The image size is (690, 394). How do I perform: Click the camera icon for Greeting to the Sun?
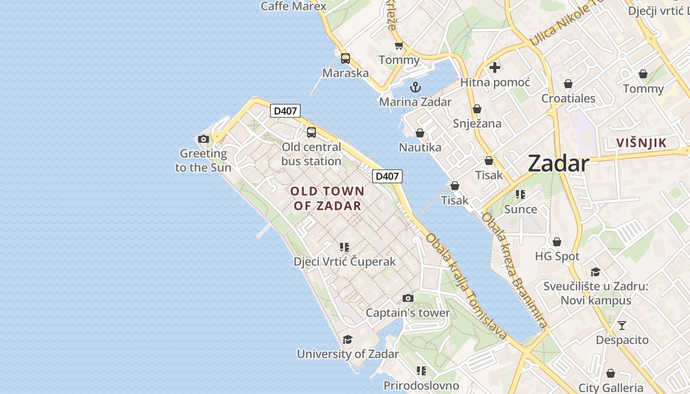point(203,139)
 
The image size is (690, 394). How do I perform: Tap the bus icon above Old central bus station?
point(311,132)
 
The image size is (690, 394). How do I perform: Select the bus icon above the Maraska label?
point(345,59)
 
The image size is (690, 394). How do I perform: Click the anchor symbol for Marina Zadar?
point(415,88)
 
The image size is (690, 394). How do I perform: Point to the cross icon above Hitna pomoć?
point(495,67)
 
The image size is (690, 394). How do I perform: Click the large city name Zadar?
point(558,164)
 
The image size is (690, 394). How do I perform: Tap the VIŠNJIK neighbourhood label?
point(642,143)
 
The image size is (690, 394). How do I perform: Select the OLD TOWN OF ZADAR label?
point(327,198)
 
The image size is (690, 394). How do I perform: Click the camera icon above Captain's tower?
point(408,298)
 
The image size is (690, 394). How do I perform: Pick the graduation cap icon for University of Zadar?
point(347,339)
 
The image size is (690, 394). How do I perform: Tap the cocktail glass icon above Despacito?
point(622,326)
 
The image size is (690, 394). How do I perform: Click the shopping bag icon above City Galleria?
point(611,373)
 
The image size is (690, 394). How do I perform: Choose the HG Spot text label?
point(557,256)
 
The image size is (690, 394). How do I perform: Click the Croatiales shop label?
point(568,98)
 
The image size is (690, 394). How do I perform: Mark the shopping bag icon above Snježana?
point(477,109)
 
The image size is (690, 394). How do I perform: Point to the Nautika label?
point(420,147)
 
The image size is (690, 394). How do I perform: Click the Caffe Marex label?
point(293,6)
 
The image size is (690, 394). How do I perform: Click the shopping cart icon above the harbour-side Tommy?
point(399,46)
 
